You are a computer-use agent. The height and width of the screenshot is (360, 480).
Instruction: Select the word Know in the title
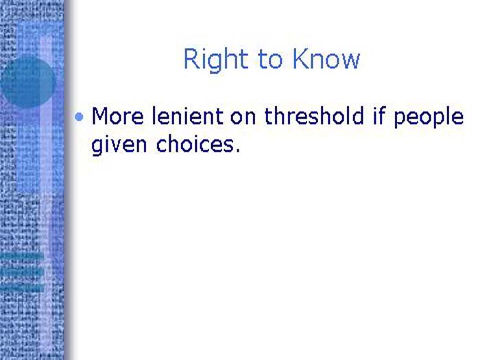[326, 60]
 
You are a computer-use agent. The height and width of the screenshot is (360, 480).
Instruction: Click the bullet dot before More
[80, 117]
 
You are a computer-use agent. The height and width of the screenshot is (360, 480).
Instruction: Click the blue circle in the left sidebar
[27, 82]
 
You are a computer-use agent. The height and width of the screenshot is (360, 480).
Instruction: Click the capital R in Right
[191, 60]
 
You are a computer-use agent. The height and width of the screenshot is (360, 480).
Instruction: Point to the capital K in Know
[300, 60]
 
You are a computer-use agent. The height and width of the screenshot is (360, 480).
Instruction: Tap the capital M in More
[100, 116]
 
